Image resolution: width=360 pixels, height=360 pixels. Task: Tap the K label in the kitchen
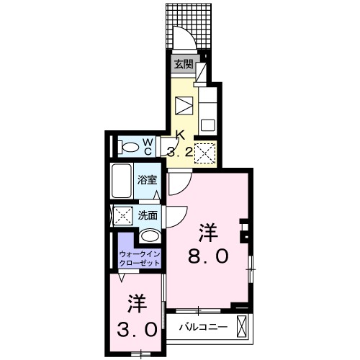(x=180, y=135)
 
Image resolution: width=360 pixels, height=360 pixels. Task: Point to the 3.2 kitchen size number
(x=179, y=151)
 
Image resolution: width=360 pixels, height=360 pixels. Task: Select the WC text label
(x=146, y=146)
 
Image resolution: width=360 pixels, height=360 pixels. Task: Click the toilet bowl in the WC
(x=130, y=148)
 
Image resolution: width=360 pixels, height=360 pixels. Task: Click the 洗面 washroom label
(x=148, y=214)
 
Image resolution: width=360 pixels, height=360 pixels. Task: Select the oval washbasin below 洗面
(x=149, y=235)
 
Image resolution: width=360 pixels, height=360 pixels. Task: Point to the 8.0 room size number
(x=208, y=256)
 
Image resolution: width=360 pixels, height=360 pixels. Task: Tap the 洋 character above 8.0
(x=208, y=232)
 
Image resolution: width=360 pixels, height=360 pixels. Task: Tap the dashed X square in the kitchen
(x=205, y=152)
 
